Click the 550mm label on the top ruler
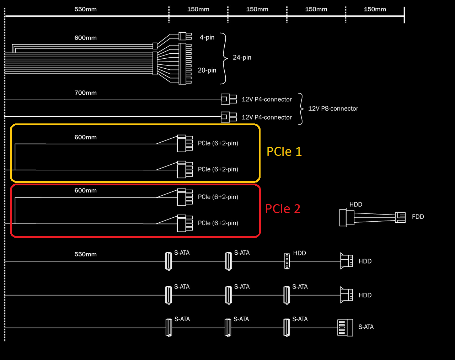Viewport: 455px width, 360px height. click(x=85, y=9)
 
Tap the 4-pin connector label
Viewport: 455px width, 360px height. click(x=207, y=37)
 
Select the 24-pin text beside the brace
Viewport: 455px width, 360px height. click(x=242, y=58)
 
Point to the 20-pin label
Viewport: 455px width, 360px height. click(x=207, y=70)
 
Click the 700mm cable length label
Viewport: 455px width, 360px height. click(x=85, y=93)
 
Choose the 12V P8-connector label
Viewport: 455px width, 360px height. click(x=333, y=108)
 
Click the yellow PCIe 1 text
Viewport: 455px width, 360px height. click(x=284, y=152)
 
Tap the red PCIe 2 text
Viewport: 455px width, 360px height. click(x=283, y=209)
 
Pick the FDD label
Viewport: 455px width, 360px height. click(x=418, y=217)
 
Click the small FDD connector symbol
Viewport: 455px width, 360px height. click(x=401, y=217)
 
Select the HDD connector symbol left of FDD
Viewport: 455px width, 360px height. click(x=347, y=218)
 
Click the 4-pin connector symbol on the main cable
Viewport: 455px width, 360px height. click(x=183, y=36)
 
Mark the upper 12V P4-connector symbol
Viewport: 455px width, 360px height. click(x=229, y=99)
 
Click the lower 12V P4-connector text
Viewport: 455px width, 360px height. click(x=267, y=117)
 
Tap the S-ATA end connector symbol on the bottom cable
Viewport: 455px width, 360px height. click(x=345, y=328)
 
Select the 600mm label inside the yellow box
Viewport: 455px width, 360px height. click(x=85, y=137)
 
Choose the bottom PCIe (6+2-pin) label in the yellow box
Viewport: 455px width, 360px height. click(x=218, y=169)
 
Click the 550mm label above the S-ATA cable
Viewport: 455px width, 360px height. click(x=85, y=254)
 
